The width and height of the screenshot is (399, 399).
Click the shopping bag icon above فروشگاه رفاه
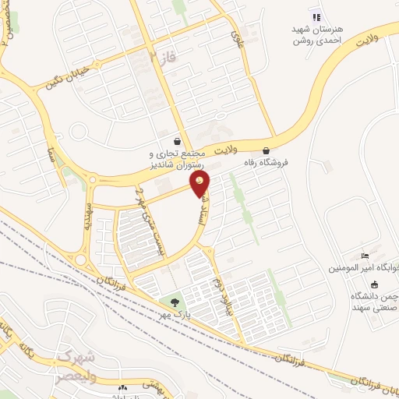click(x=267, y=151)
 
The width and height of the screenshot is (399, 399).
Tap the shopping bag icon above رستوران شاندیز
click(x=181, y=142)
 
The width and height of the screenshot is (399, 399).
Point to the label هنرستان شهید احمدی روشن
click(x=316, y=34)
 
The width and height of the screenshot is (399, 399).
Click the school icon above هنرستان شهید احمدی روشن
click(x=316, y=17)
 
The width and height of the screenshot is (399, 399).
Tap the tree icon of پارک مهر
click(x=174, y=302)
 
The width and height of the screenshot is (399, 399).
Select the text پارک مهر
click(x=177, y=313)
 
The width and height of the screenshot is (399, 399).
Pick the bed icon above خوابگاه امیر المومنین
click(x=365, y=256)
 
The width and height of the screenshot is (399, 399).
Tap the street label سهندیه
click(x=90, y=221)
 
